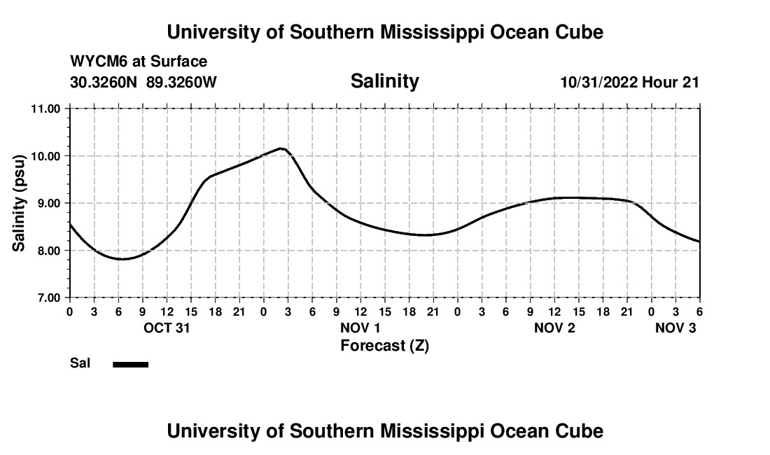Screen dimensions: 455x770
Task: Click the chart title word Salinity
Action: click(x=384, y=81)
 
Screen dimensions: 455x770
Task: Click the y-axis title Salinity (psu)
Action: click(x=20, y=203)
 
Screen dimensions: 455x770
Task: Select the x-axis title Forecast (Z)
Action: click(x=384, y=345)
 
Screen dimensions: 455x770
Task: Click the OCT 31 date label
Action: click(x=167, y=328)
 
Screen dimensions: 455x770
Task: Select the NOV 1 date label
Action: click(x=360, y=328)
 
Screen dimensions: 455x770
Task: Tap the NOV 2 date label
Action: click(x=554, y=328)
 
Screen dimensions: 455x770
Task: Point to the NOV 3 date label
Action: click(x=675, y=328)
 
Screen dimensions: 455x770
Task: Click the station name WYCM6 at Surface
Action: click(x=139, y=62)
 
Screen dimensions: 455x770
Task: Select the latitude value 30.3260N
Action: click(x=105, y=82)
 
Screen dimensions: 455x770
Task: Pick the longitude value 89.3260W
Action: click(x=181, y=82)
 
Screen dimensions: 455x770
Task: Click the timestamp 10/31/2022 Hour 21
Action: click(x=629, y=82)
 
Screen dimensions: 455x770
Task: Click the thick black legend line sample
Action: click(x=130, y=364)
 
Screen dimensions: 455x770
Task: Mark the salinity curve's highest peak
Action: click(x=281, y=148)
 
